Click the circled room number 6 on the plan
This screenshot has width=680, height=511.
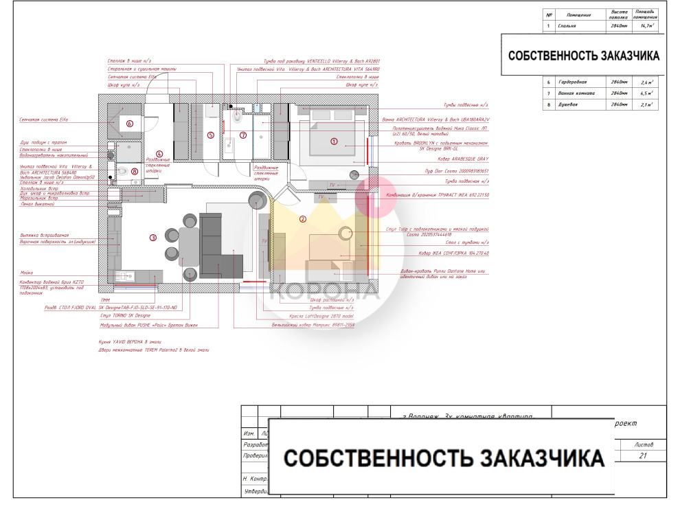[x=128, y=124]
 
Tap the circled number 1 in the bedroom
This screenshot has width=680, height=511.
[x=335, y=142]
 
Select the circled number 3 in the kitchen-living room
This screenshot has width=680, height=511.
[x=153, y=238]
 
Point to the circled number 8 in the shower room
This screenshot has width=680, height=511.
[x=135, y=171]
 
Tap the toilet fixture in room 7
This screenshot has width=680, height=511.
[x=238, y=118]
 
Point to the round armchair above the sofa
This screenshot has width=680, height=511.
[x=258, y=200]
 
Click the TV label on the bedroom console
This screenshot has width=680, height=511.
[x=332, y=185]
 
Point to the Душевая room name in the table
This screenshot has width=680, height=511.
[x=567, y=104]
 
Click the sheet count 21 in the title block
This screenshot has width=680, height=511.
[x=643, y=456]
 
